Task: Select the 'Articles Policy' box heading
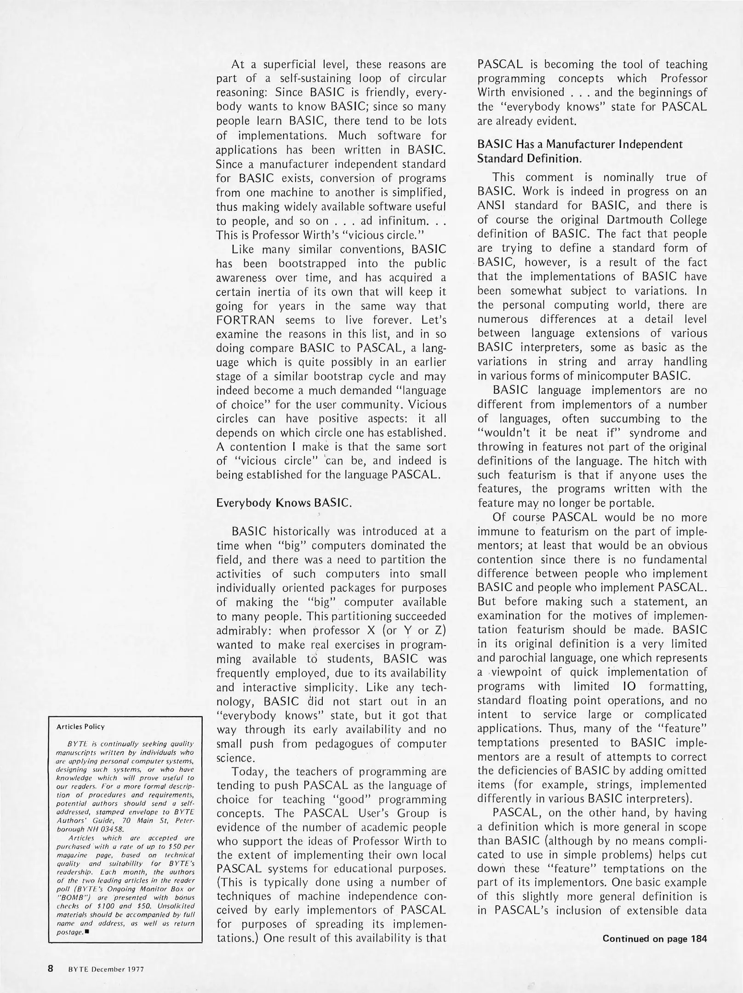tap(80, 726)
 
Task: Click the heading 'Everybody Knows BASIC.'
tap(284, 503)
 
